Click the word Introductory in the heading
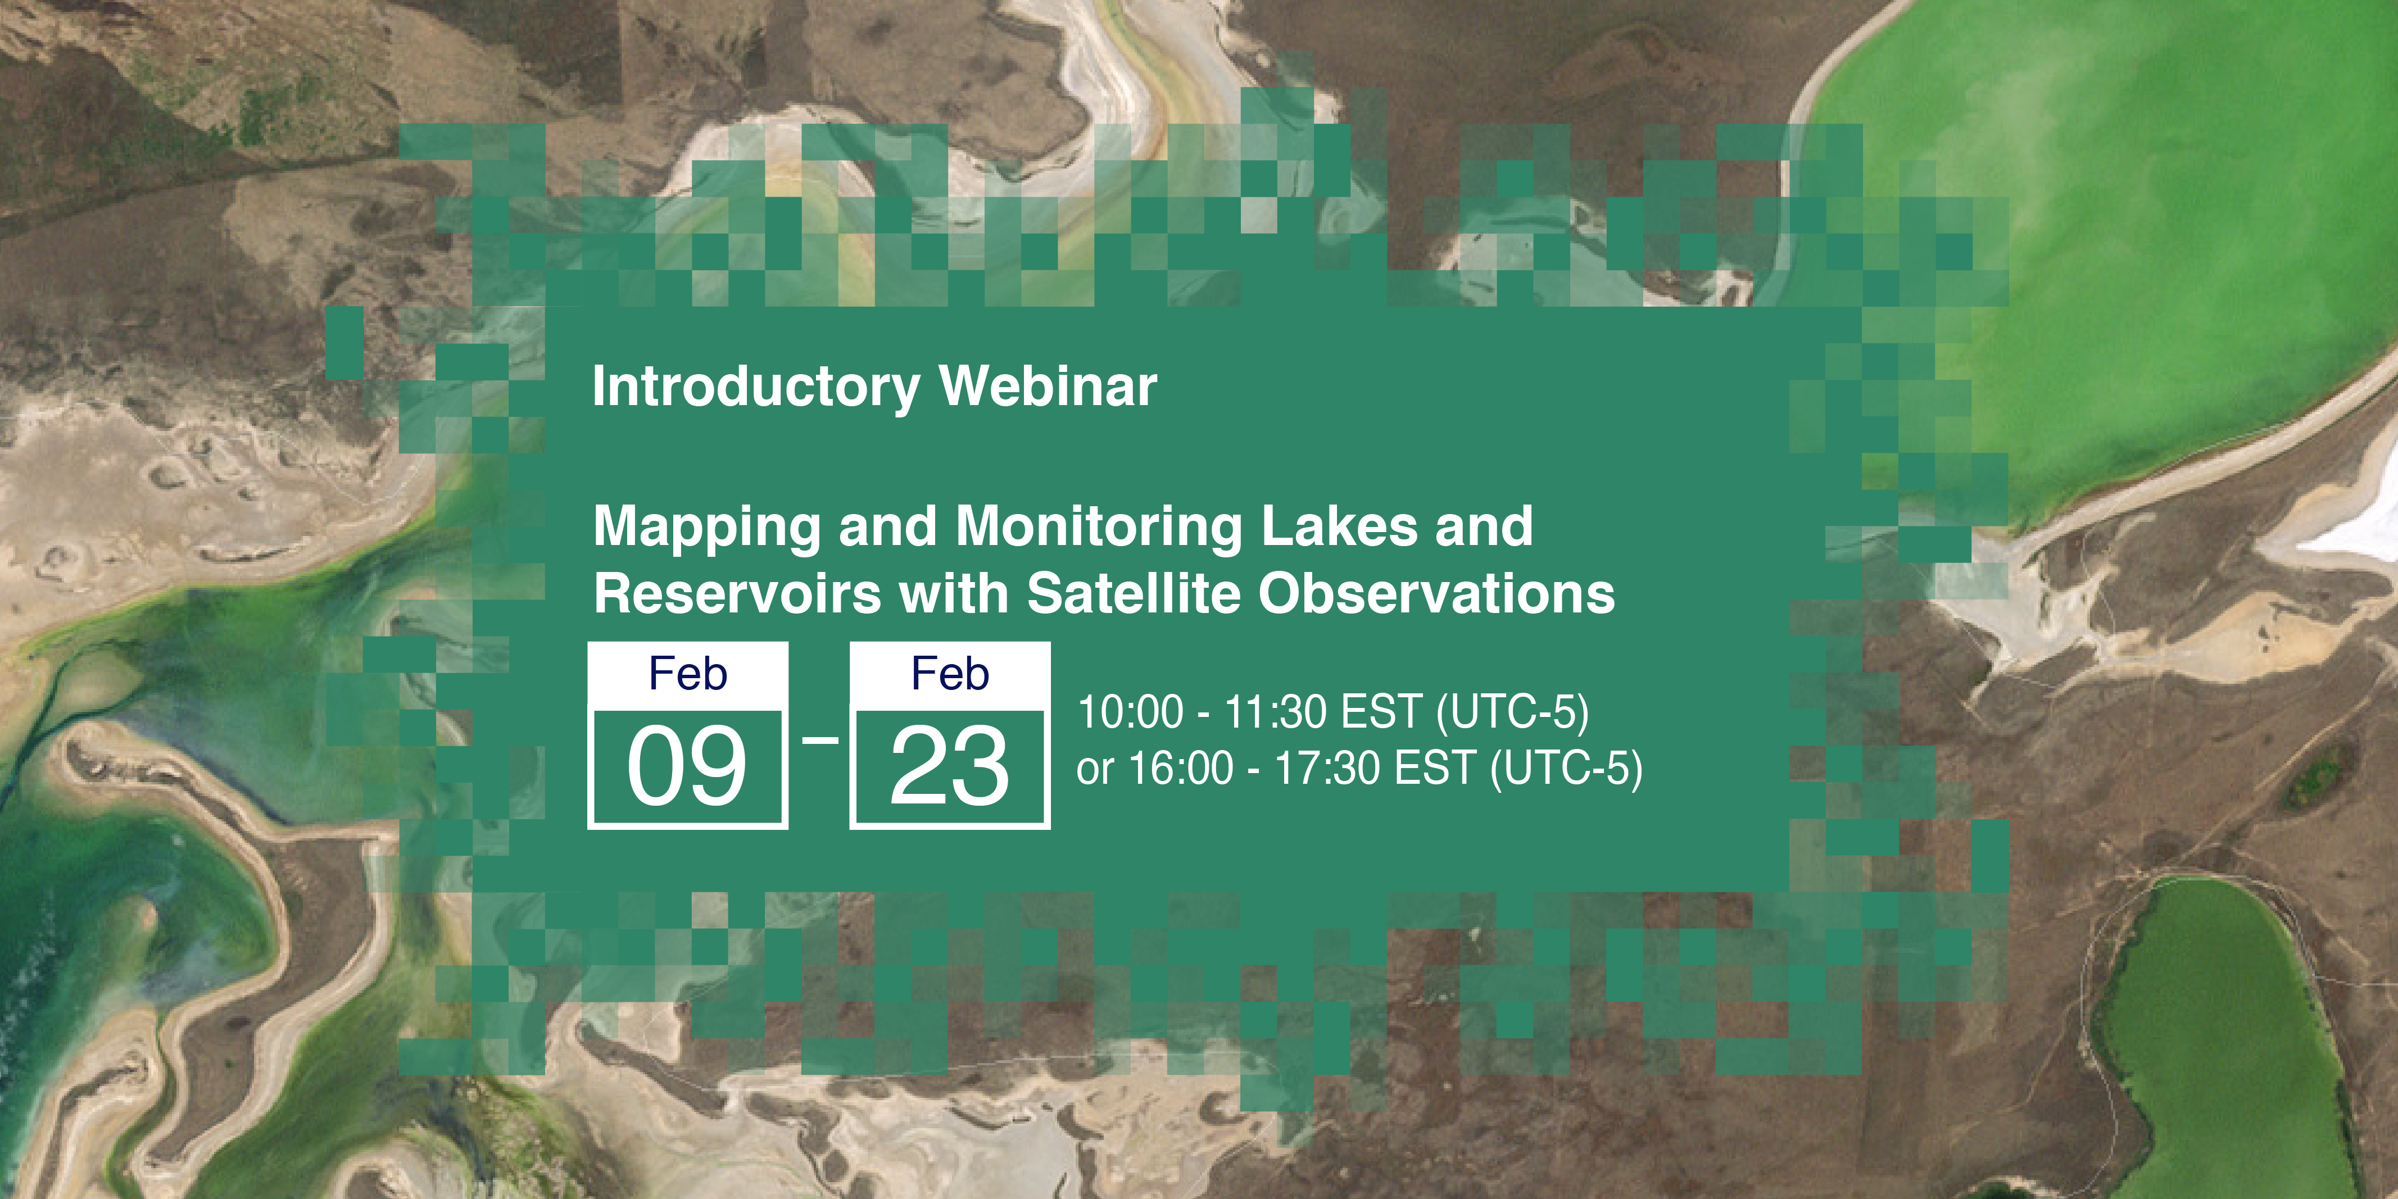click(756, 387)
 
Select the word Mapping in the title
click(706, 528)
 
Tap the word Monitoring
click(1099, 528)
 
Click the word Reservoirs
click(736, 594)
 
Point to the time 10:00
click(1130, 712)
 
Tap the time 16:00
click(1180, 769)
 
